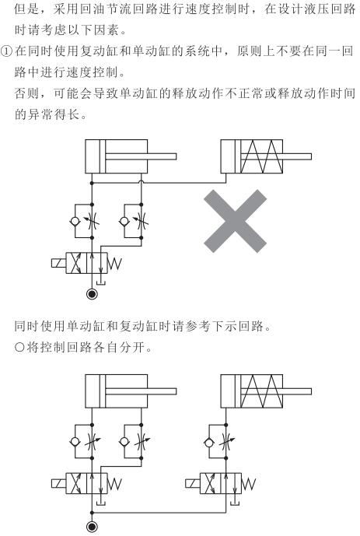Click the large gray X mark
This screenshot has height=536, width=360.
pyautogui.click(x=235, y=221)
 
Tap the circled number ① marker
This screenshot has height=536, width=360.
pyautogui.click(x=7, y=51)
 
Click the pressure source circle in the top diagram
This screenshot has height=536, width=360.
pyautogui.click(x=92, y=294)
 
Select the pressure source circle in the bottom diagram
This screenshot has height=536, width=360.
pyautogui.click(x=92, y=527)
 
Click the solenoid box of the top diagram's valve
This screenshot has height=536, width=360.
pyautogui.click(x=59, y=263)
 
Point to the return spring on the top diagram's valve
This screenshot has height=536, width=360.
pyautogui.click(x=114, y=264)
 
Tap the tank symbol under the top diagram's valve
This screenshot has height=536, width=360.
pyautogui.click(x=101, y=282)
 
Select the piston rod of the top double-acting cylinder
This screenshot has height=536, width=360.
pyautogui.click(x=141, y=156)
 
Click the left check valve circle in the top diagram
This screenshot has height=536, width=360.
pyautogui.click(x=75, y=221)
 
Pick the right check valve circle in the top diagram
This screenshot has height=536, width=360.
pyautogui.click(x=124, y=221)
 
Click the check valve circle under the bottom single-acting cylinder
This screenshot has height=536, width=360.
pyautogui.click(x=208, y=443)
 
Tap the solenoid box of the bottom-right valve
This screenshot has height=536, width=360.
pyautogui.click(x=193, y=484)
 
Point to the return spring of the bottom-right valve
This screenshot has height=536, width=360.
pyautogui.click(x=249, y=484)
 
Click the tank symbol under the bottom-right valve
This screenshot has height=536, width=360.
pyautogui.click(x=235, y=503)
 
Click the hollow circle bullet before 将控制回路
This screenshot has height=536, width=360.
pyautogui.click(x=19, y=348)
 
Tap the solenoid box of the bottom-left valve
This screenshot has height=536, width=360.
pyautogui.click(x=59, y=484)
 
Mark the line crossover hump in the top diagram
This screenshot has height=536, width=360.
pyautogui.click(x=142, y=181)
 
